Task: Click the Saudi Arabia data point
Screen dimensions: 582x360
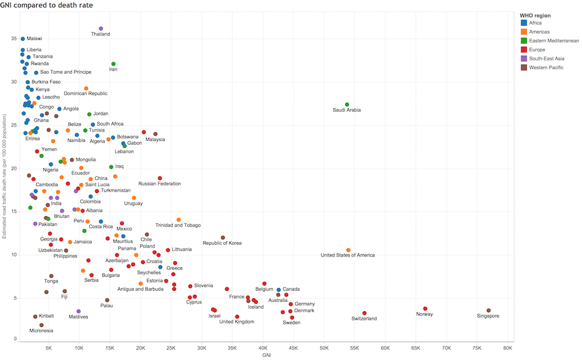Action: coord(347,105)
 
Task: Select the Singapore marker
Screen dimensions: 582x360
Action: coord(488,311)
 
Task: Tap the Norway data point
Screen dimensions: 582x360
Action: coord(425,308)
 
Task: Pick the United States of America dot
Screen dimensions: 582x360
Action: coord(348,250)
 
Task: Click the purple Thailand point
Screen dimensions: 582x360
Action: coord(101,28)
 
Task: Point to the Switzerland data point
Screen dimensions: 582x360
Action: coord(364,313)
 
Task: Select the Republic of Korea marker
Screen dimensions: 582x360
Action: coord(223,238)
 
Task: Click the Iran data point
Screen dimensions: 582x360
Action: coord(113,64)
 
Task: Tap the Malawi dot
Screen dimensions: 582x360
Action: coord(23,38)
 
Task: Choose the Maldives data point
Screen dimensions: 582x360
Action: coord(79,311)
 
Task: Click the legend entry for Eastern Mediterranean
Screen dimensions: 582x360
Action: coord(550,41)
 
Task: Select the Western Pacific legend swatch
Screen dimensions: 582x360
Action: coord(524,67)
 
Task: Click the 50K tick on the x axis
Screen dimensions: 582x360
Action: coord(324,348)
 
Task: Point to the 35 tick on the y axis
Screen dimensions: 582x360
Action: coord(14,38)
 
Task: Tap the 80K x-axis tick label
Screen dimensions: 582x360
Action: coord(508,348)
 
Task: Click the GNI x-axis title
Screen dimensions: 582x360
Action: coord(267,355)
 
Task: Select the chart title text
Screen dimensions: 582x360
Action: coord(47,5)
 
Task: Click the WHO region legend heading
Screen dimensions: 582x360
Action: coord(535,16)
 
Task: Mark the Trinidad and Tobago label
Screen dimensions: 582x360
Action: coord(178,225)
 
